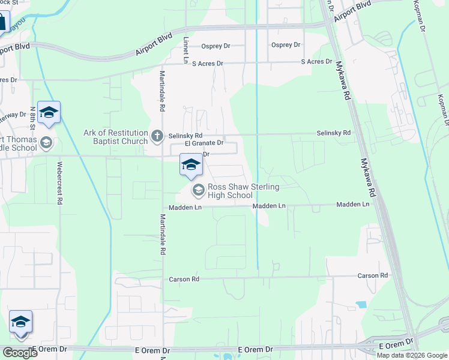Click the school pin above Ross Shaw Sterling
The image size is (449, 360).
(x=191, y=165)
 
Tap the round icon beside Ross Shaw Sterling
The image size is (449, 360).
(x=197, y=190)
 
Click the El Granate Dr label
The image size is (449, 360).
(x=204, y=143)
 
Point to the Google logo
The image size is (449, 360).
(x=20, y=353)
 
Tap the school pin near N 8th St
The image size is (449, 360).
(x=49, y=112)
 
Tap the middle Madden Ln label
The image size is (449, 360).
(x=270, y=206)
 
